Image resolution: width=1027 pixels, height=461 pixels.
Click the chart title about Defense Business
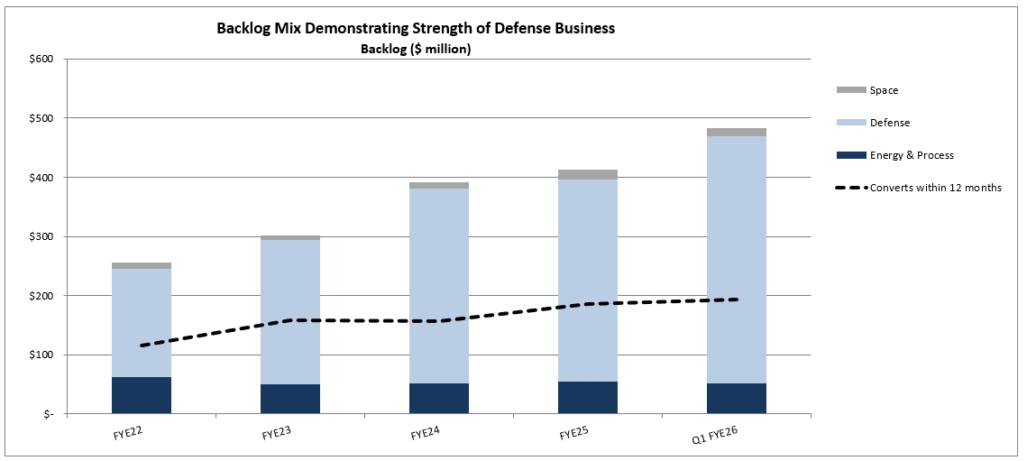(x=416, y=29)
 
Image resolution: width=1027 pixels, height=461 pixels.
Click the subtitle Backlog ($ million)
(x=416, y=50)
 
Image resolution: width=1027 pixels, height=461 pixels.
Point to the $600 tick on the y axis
(x=42, y=60)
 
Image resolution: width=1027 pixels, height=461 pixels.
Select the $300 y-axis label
(x=42, y=237)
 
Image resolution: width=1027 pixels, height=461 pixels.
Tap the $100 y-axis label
(x=42, y=355)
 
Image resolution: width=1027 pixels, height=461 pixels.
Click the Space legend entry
(x=884, y=90)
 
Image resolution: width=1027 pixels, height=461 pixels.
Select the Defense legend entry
(x=889, y=123)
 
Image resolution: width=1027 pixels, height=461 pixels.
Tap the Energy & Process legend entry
(x=912, y=155)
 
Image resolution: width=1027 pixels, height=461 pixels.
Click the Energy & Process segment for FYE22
(x=141, y=395)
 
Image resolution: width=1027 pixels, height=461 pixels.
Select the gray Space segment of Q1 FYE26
(x=736, y=133)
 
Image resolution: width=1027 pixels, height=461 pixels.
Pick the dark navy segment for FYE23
(x=289, y=399)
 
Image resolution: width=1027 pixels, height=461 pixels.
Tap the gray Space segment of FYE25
(x=587, y=174)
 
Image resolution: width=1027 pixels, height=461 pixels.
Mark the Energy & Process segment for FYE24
(x=438, y=398)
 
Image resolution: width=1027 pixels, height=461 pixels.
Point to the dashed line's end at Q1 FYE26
(x=737, y=300)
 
